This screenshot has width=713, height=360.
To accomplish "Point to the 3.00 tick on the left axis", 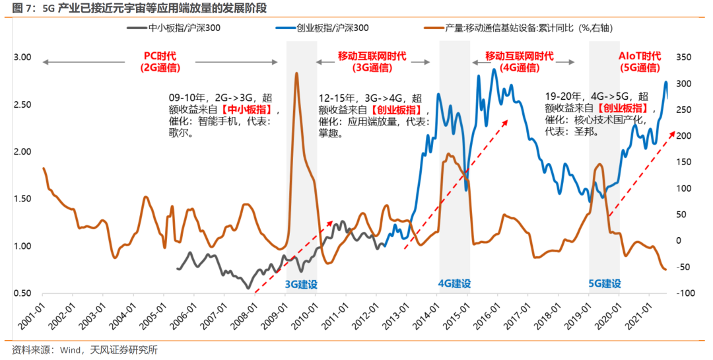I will coord(22,57).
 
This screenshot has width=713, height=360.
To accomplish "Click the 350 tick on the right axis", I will coord(683,57).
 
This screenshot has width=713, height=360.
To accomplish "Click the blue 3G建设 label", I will coord(301,284).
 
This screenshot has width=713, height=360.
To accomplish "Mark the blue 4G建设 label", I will coord(454,284).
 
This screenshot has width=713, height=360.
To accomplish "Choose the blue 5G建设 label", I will coord(605,284).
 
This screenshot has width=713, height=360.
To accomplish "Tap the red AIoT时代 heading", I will coord(639,56).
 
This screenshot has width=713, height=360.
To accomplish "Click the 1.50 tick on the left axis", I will coord(22,199).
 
